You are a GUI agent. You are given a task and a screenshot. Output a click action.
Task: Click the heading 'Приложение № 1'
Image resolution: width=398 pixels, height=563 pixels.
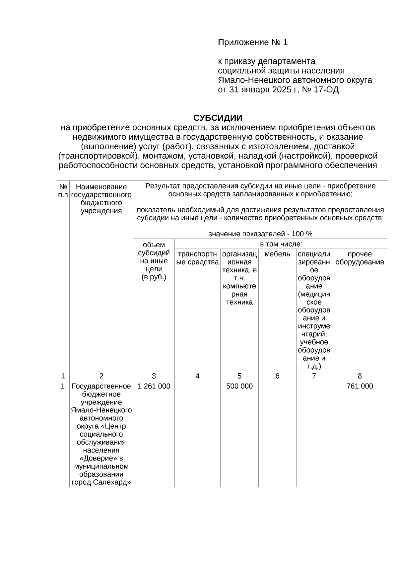tap(253, 42)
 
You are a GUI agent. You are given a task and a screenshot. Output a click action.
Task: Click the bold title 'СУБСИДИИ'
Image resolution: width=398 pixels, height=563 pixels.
tap(218, 118)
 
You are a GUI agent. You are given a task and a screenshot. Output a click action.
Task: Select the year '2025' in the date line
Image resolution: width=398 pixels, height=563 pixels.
tap(281, 90)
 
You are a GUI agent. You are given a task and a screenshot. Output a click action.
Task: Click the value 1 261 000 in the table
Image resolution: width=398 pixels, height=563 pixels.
tap(154, 386)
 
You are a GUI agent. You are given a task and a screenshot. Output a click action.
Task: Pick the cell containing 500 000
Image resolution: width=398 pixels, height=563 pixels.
tap(239, 386)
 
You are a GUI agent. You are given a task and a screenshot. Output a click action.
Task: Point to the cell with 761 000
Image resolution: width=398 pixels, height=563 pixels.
tap(360, 386)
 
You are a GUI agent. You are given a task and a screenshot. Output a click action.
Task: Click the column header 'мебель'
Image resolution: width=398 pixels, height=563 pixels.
tap(277, 254)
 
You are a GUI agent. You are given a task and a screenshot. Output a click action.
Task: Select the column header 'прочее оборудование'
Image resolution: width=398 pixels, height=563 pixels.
tap(360, 258)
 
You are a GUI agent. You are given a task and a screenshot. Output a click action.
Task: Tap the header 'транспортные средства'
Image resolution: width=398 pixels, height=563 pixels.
tap(197, 258)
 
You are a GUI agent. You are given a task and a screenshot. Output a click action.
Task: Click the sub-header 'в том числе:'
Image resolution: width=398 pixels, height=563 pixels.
tap(281, 245)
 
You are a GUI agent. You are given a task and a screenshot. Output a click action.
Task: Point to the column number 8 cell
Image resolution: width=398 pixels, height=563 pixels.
tap(360, 376)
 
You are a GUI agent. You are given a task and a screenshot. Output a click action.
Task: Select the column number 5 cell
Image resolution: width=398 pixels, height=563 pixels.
tap(239, 376)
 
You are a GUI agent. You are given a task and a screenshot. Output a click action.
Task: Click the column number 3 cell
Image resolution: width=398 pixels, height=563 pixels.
tap(154, 376)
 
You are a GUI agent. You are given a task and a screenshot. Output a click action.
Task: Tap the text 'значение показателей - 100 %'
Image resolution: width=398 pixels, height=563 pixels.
tap(260, 234)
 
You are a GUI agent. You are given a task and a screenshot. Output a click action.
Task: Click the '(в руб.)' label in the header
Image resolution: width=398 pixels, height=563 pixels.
tap(154, 277)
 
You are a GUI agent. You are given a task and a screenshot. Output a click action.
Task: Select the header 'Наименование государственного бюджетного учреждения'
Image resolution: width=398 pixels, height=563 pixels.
tap(101, 199)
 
